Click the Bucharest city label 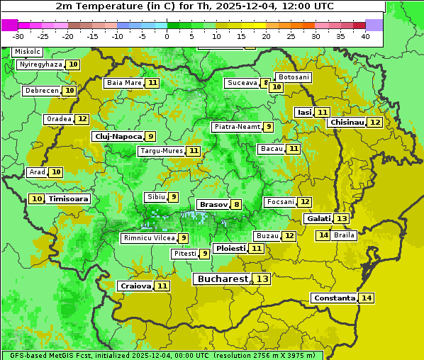(x=222, y=279)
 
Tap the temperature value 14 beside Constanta (x=367, y=298)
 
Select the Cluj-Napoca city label (x=118, y=136)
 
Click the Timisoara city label (x=69, y=199)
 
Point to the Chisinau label (x=347, y=122)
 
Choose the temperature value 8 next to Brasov (x=236, y=205)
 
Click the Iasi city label (x=304, y=112)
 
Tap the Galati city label (x=318, y=219)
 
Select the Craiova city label (x=135, y=286)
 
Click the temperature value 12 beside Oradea (x=82, y=119)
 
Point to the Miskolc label (x=27, y=52)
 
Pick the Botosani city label (x=294, y=77)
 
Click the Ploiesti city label (x=230, y=248)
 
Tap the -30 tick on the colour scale (x=18, y=36)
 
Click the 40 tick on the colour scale (x=365, y=36)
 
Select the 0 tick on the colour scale (x=167, y=36)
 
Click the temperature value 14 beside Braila (x=323, y=235)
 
